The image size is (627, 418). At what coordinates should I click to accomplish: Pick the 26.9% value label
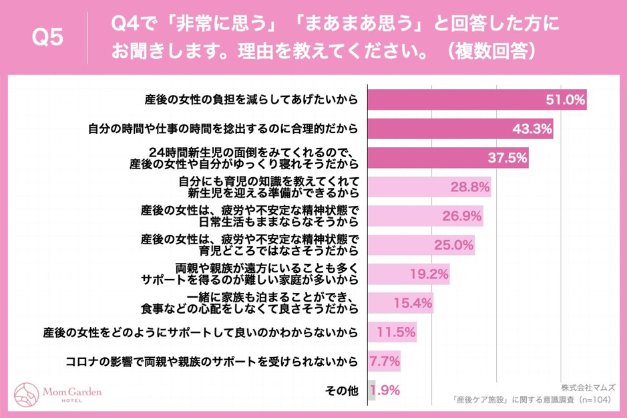(x=462, y=216)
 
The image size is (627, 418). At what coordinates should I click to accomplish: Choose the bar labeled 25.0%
(x=421, y=245)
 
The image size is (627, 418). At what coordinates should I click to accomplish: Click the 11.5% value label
(x=395, y=332)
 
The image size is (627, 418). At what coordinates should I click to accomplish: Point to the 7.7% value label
(x=385, y=361)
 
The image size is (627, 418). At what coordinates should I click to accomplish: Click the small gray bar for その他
(x=371, y=390)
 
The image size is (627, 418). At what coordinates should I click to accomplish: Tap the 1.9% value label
(x=385, y=390)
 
